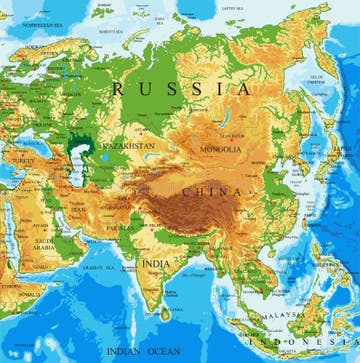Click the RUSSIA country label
pos(182,88)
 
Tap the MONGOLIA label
pos(219,149)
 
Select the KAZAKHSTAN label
pos(128,146)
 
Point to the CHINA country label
pos(212,190)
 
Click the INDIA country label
pos(155,263)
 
